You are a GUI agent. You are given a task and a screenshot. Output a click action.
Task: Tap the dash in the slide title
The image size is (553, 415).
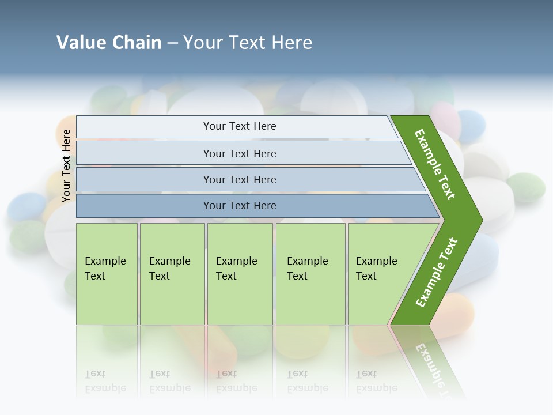click(172, 43)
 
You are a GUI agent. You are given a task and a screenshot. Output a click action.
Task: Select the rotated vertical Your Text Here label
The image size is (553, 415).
click(66, 165)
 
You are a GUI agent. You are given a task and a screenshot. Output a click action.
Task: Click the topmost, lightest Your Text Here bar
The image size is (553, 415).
click(240, 126)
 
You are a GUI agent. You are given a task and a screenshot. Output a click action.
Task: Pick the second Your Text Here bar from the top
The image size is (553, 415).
click(240, 153)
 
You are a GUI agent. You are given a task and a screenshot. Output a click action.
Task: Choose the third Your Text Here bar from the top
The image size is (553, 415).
click(240, 179)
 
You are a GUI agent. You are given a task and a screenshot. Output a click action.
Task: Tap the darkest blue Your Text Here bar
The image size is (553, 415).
click(240, 206)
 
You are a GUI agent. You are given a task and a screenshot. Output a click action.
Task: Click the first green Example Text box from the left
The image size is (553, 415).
click(107, 274)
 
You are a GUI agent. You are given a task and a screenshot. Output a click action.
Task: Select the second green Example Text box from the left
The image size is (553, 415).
click(172, 274)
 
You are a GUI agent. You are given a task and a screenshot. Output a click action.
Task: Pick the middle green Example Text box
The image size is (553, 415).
click(240, 274)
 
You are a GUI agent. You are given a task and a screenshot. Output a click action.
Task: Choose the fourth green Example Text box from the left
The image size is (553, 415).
click(310, 274)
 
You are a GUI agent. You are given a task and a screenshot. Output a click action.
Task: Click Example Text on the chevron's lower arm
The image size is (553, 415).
click(437, 272)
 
